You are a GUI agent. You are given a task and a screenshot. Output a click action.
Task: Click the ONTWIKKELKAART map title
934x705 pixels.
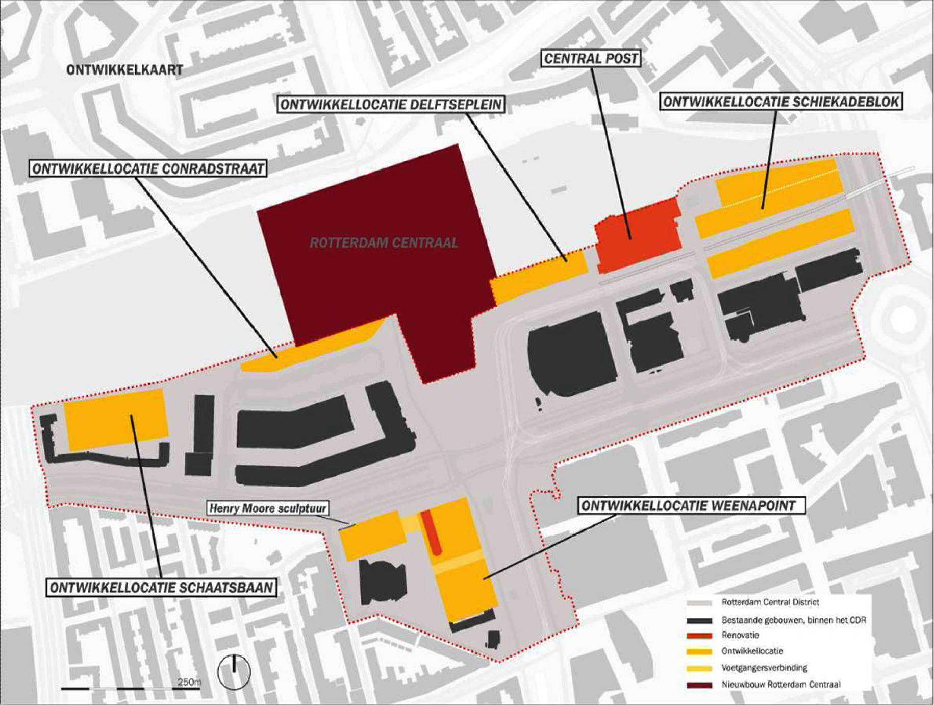pyautogui.click(x=124, y=70)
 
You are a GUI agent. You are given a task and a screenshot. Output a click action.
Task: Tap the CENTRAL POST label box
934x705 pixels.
pyautogui.click(x=591, y=59)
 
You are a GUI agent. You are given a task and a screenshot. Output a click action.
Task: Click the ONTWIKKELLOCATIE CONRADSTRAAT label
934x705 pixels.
pyautogui.click(x=148, y=168)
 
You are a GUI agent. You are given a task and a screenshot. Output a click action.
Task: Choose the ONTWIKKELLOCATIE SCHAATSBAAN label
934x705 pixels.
pyautogui.click(x=162, y=587)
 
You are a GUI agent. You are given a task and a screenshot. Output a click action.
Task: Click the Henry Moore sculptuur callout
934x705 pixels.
pyautogui.click(x=268, y=508)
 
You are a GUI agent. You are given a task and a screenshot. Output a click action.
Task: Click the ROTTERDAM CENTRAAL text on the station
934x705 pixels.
pyautogui.click(x=384, y=242)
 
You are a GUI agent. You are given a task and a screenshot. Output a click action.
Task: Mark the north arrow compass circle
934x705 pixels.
pyautogui.click(x=234, y=672)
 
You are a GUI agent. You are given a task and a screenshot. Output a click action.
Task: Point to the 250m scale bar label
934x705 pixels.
pyautogui.click(x=189, y=682)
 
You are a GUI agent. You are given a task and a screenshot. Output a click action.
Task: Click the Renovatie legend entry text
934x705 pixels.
pyautogui.click(x=740, y=636)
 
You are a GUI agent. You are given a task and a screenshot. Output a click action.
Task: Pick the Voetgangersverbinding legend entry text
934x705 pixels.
pyautogui.click(x=764, y=668)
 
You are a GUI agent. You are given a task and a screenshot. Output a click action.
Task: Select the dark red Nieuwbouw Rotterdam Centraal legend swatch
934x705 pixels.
pyautogui.click(x=699, y=685)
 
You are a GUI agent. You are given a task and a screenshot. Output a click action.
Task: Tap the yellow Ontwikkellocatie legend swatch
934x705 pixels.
pyautogui.click(x=699, y=652)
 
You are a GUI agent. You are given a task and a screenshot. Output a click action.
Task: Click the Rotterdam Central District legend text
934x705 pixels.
pyautogui.click(x=770, y=602)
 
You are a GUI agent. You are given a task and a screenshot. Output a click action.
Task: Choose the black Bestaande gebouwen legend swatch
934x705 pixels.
pyautogui.click(x=699, y=620)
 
